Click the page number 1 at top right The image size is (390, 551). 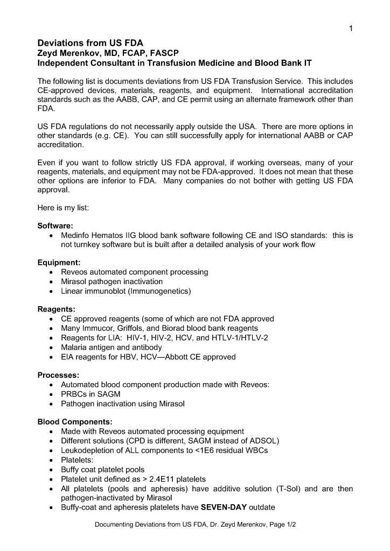point(351,29)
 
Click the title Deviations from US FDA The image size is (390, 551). point(90,43)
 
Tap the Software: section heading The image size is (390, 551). point(55,225)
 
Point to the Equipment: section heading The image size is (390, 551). point(59,263)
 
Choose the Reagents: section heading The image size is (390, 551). point(56,309)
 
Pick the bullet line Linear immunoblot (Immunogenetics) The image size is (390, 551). point(126,291)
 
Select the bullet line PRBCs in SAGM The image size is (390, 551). point(92,394)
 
